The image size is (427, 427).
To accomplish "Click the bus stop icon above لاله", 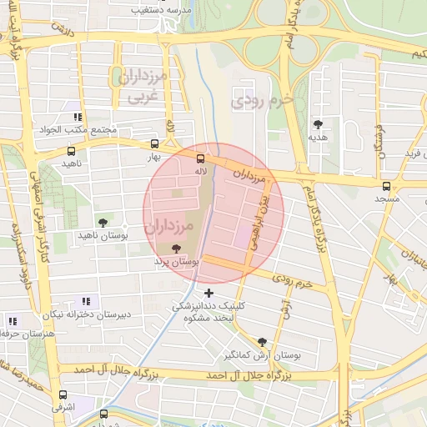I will tap(200, 158).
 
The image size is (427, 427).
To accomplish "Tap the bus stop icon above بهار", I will tap(153, 144).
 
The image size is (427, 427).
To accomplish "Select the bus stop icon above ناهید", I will tap(71, 152).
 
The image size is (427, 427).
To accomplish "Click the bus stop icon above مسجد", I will tap(386, 187).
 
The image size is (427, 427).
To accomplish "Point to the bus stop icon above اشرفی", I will tap(63, 395).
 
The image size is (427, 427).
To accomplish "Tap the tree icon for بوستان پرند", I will tap(174, 249).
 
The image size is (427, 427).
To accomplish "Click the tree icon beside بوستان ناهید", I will tap(103, 223).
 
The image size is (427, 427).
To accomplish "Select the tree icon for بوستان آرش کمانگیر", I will tap(263, 342).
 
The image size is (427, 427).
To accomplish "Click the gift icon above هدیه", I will tap(317, 123).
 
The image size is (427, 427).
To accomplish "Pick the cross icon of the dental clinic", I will tap(208, 292).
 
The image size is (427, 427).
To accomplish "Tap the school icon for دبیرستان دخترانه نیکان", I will tap(85, 301).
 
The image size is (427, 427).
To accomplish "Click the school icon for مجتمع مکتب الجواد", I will tap(78, 117).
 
